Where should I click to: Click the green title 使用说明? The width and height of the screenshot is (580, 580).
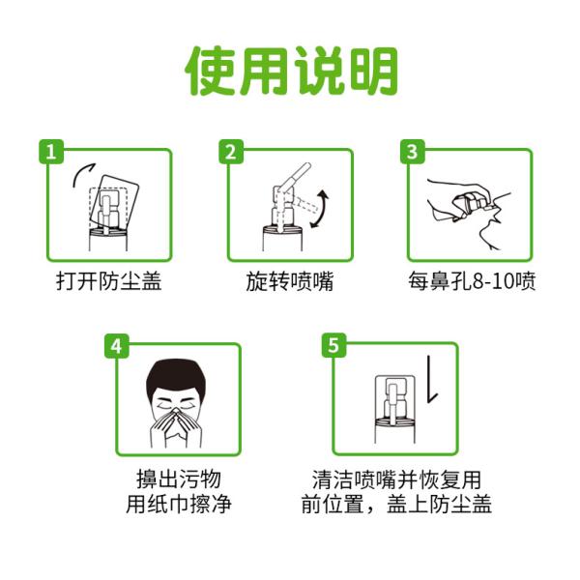pyautogui.click(x=291, y=71)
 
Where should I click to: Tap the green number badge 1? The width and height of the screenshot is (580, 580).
pyautogui.click(x=51, y=152)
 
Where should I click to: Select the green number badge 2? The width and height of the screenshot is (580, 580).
pyautogui.click(x=231, y=152)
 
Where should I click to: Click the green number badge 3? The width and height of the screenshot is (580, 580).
pyautogui.click(x=412, y=152)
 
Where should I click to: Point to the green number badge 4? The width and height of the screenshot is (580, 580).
pyautogui.click(x=117, y=346)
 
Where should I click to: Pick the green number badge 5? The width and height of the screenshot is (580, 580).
pyautogui.click(x=333, y=345)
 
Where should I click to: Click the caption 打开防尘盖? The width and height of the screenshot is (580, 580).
pyautogui.click(x=108, y=281)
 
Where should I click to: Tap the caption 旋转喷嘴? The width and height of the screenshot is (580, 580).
pyautogui.click(x=289, y=281)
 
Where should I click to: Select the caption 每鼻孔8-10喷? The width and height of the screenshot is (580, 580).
pyautogui.click(x=472, y=281)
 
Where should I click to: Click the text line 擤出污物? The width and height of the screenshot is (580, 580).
pyautogui.click(x=179, y=479)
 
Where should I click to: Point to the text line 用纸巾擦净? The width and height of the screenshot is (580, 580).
pyautogui.click(x=179, y=504)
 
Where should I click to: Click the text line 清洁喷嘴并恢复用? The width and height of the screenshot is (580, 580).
pyautogui.click(x=396, y=479)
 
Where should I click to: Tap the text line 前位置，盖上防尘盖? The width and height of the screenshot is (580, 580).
pyautogui.click(x=396, y=504)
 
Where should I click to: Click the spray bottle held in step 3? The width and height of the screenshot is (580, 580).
pyautogui.click(x=473, y=204)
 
